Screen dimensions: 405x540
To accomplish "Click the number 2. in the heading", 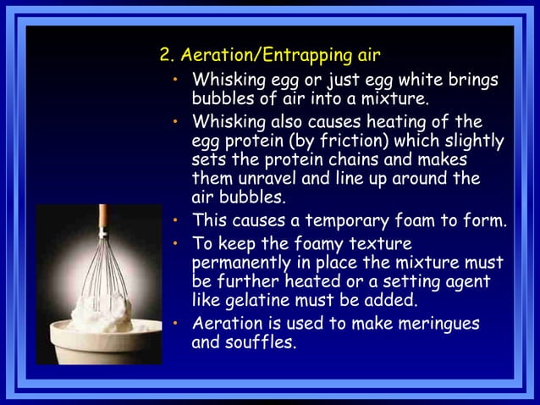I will click(166, 57).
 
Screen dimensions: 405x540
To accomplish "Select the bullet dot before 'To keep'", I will click(174, 241).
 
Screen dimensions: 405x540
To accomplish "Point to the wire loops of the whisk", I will click(104, 271).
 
